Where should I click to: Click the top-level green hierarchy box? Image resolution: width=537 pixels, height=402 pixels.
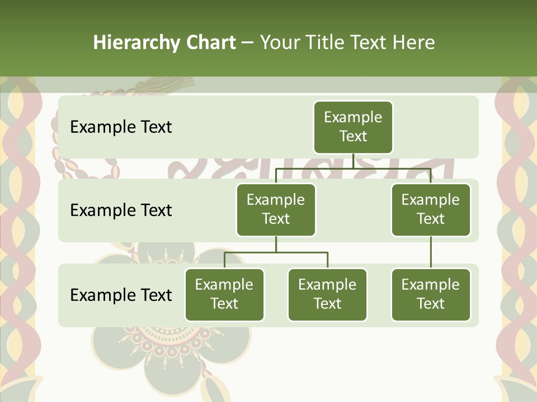pos(353,127)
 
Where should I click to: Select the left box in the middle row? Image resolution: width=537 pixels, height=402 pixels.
pos(276,210)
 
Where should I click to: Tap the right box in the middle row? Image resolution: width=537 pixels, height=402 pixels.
pos(431,210)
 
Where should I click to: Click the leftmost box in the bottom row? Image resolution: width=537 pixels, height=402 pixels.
pos(224,295)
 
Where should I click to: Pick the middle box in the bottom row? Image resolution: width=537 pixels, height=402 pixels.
pos(327,295)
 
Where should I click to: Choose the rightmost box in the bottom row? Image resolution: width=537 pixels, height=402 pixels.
pos(431,295)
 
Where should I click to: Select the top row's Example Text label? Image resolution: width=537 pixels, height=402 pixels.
pos(121,127)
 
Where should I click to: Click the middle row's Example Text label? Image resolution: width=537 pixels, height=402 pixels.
pos(121,210)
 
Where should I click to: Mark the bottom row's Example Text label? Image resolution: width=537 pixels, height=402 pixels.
pos(121,295)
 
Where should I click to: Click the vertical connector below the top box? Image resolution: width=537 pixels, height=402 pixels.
pos(353,161)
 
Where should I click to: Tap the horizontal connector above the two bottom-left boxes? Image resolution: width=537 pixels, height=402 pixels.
pos(276,252)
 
